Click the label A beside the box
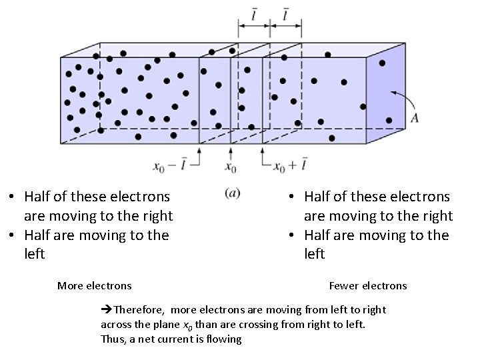(415, 118)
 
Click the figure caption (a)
(233, 193)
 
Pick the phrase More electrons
(94, 286)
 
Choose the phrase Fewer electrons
(367, 286)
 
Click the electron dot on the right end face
(382, 63)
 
